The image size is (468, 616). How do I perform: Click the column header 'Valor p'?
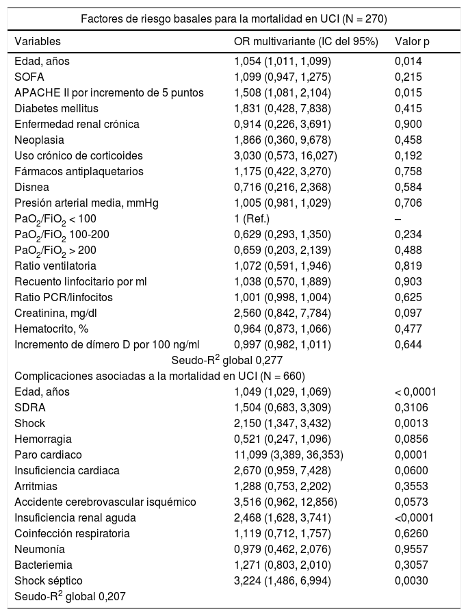[412, 41]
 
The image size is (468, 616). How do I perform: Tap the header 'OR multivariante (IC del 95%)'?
[306, 41]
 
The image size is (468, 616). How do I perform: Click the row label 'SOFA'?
[29, 77]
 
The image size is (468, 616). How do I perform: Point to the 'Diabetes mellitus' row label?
[56, 108]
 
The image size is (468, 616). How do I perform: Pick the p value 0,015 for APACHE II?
[409, 92]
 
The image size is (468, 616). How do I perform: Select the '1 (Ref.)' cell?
[252, 218]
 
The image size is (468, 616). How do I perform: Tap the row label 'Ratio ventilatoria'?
[55, 266]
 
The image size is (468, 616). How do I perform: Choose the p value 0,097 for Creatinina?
[409, 313]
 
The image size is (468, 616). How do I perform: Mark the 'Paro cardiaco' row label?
[48, 454]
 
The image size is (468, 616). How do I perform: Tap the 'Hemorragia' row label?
[43, 439]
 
